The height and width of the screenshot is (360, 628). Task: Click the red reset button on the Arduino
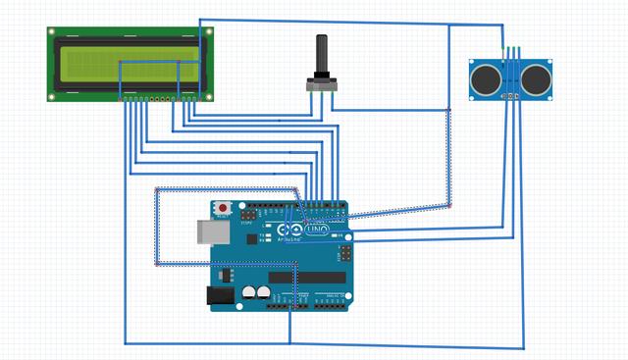[x=225, y=208]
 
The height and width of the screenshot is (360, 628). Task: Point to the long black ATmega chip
[x=306, y=277]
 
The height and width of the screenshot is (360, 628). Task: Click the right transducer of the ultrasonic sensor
[x=537, y=79]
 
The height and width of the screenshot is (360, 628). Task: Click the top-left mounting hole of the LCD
[x=53, y=31]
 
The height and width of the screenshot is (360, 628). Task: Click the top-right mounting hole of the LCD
[x=209, y=31]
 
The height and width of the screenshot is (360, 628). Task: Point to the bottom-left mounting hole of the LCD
[x=53, y=97]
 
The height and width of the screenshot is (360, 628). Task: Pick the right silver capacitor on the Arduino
[x=265, y=292]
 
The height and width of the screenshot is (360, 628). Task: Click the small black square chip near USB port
[x=252, y=237]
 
